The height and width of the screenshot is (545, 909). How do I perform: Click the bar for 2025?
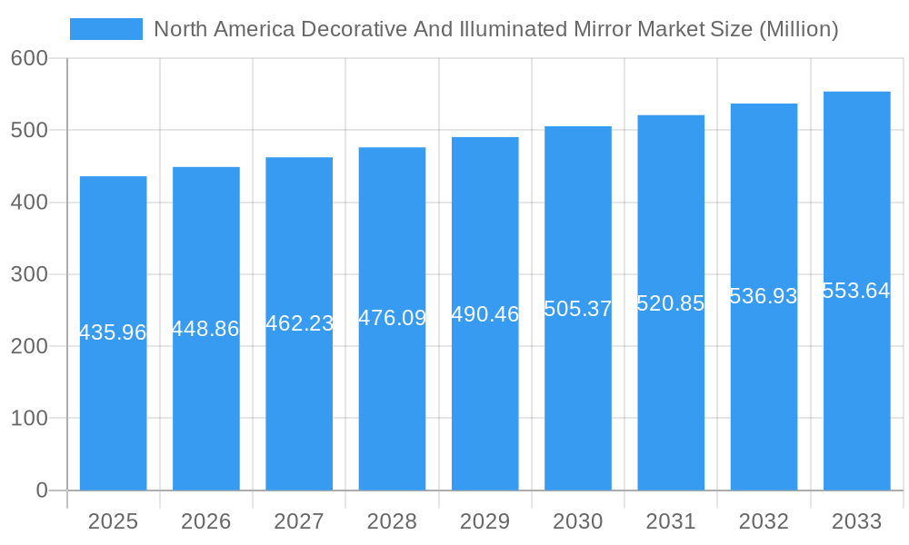tap(113, 409)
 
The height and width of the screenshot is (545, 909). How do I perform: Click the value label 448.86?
tap(205, 329)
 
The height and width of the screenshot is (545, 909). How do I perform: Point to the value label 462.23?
tap(299, 323)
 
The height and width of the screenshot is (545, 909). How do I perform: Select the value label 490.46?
tap(484, 314)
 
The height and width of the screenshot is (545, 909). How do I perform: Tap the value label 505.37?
tap(578, 309)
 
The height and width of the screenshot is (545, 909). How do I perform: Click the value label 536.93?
tap(764, 296)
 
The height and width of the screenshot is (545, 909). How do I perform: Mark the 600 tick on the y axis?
tap(29, 58)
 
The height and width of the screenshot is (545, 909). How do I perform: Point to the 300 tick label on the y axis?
tap(29, 274)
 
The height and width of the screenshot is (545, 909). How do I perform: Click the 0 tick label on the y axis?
tap(42, 490)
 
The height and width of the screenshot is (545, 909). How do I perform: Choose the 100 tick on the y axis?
tap(29, 419)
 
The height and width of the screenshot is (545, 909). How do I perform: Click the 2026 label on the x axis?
tap(205, 521)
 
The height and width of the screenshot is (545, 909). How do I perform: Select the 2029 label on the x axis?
tap(484, 521)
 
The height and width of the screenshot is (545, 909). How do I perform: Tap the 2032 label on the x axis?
tap(764, 521)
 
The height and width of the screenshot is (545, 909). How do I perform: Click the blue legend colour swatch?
tap(106, 29)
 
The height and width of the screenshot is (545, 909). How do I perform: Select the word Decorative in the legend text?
tap(352, 29)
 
